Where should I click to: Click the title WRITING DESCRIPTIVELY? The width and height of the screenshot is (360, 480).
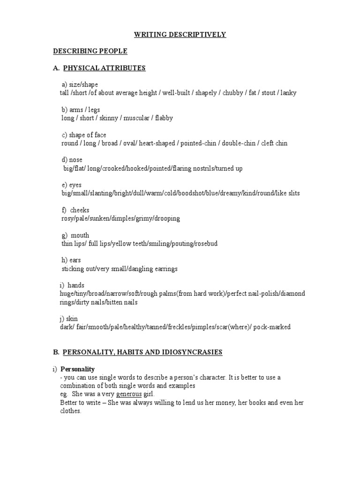click(x=180, y=34)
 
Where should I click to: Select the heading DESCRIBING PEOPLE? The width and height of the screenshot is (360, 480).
click(x=90, y=51)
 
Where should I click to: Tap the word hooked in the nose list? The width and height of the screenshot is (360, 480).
click(x=146, y=168)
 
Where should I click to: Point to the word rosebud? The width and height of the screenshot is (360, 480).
click(x=205, y=244)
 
